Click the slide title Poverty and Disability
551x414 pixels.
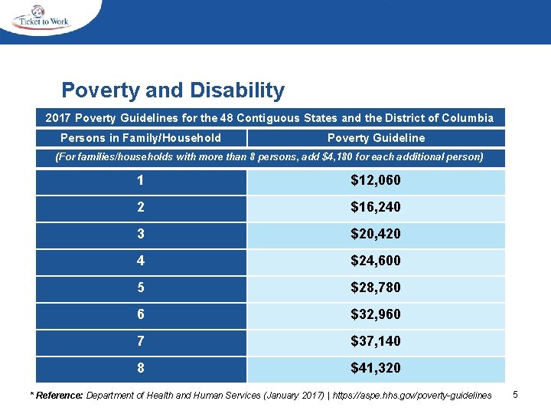tap(173, 90)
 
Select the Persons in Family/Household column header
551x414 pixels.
tap(141, 138)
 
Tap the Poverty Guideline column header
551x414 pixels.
tap(376, 138)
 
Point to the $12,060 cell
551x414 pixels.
tap(375, 181)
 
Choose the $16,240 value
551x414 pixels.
tap(375, 208)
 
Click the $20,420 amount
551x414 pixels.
tap(375, 234)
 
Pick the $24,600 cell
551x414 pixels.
tap(375, 261)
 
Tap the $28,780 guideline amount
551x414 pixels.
tap(375, 287)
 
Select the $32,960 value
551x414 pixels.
tap(375, 314)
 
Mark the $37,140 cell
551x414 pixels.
tap(375, 340)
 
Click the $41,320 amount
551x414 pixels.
tap(375, 368)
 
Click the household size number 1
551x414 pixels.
tap(141, 181)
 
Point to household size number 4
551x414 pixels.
tap(141, 261)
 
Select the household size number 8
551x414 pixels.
tap(141, 368)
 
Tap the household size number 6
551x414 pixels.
tap(141, 314)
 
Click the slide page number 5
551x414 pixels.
tap(516, 394)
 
